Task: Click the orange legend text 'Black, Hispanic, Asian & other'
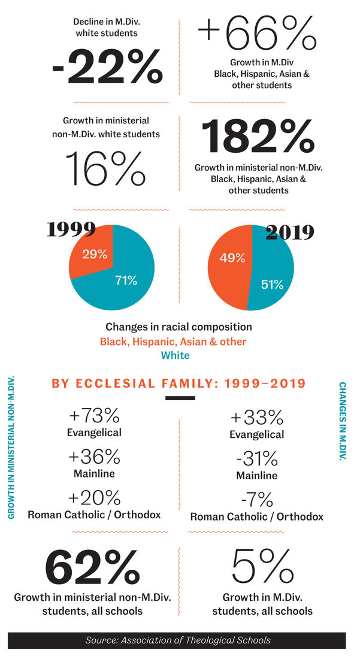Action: click(173, 341)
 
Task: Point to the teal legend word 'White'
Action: click(175, 355)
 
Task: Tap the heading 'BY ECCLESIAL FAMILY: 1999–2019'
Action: click(179, 383)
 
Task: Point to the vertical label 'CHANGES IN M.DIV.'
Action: click(343, 422)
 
